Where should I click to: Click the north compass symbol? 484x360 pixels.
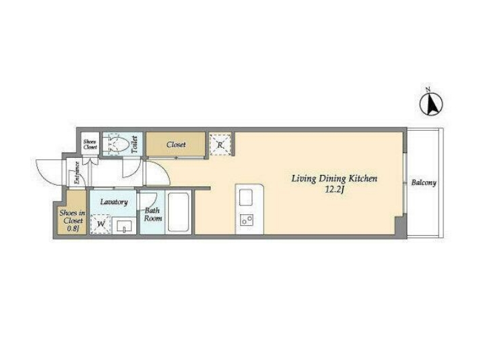pos(431,104)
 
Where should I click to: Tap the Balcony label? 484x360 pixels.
pos(424,183)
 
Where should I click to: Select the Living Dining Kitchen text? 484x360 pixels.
pos(334,179)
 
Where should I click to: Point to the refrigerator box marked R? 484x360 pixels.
pos(220,144)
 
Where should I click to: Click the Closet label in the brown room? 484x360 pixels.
pos(176,144)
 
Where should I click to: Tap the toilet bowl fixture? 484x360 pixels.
pos(116,144)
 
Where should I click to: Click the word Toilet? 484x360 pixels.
pos(134,144)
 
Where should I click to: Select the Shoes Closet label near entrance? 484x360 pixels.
pos(90,144)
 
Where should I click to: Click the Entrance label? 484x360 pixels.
pos(77,173)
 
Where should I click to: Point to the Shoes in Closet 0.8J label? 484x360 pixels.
pos(73,220)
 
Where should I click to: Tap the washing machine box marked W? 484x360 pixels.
pos(100,224)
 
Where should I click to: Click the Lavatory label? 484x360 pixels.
pos(114,202)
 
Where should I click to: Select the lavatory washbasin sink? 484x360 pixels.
pos(124,226)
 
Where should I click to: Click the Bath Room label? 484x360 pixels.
pos(153,214)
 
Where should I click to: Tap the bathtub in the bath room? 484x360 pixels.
pos(178,212)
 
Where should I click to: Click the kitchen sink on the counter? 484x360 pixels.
pos(245,197)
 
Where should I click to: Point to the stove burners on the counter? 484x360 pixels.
pos(247,220)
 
